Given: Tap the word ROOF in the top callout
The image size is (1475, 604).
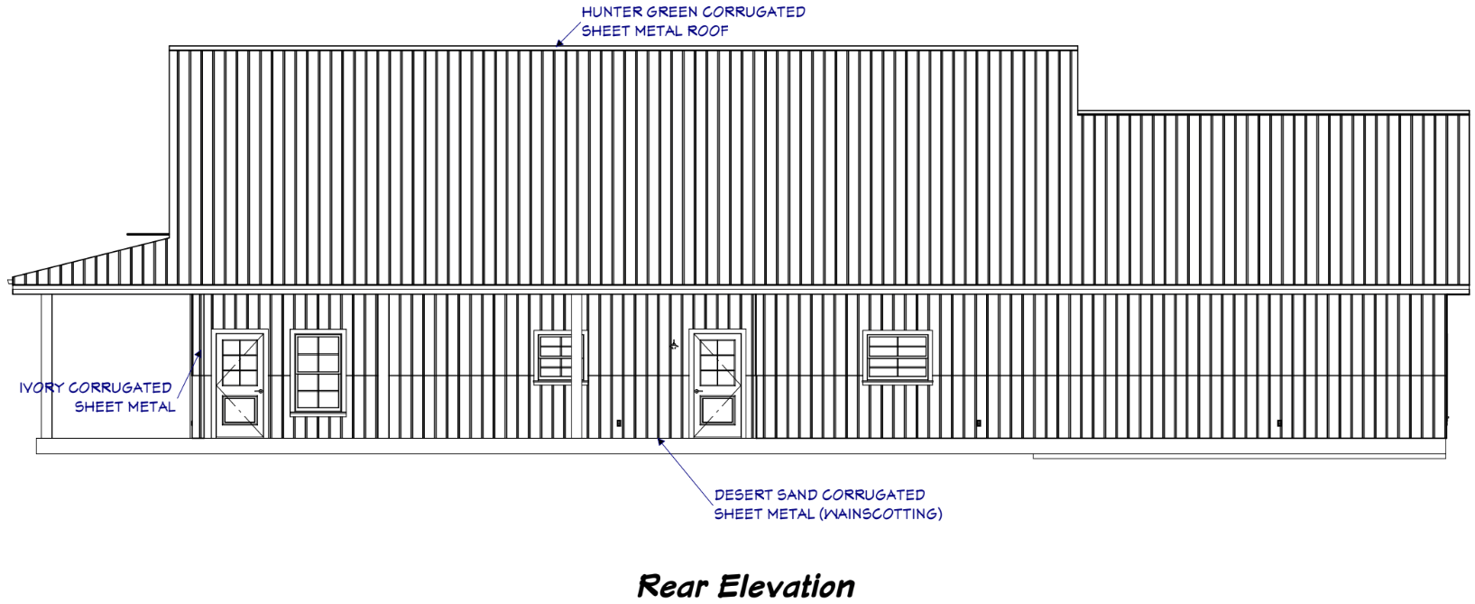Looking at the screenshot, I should pos(708,31).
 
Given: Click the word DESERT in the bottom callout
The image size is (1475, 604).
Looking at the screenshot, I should pos(738,495).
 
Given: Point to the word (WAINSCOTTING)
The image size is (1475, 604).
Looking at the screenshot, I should pos(880,514).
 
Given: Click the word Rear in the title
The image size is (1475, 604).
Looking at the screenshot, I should pos(672,586).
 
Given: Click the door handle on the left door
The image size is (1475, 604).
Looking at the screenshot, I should pos(260,391).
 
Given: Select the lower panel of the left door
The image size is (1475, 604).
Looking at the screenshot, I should pos(240,411).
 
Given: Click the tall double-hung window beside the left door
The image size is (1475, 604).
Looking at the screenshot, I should pos(318,372).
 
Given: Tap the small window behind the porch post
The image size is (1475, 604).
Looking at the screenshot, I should pos(555,357).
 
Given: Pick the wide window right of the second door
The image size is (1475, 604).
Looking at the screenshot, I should pos(897,357).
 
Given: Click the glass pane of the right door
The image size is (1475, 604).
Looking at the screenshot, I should pos(717,362).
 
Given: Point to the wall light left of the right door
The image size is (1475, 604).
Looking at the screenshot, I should pos(673,344).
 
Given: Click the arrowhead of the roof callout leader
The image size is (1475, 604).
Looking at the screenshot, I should pos(559,43).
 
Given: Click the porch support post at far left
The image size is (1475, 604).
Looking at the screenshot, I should pos(46,366).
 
